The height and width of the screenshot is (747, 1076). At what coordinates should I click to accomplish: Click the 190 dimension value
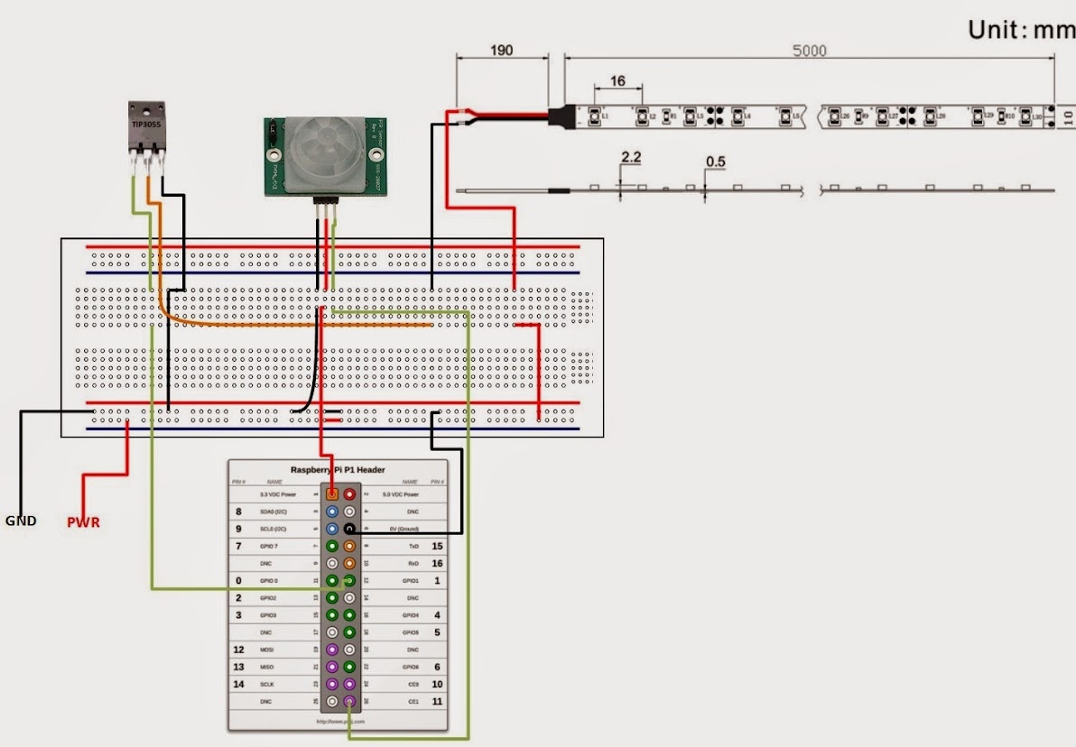[501, 51]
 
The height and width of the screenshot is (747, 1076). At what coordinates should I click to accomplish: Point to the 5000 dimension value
[809, 51]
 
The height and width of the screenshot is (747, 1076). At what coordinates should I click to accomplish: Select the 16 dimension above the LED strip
[617, 81]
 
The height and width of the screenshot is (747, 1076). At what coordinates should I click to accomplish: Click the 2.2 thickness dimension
[631, 157]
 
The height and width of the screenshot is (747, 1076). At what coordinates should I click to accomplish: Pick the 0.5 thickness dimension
[716, 161]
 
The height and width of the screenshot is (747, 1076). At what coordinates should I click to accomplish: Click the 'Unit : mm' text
[1021, 30]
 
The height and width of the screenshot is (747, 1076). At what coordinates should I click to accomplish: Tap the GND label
[21, 521]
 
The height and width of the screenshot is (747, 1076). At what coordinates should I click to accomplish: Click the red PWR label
[83, 522]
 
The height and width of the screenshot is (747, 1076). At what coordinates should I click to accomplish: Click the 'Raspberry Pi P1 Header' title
[337, 470]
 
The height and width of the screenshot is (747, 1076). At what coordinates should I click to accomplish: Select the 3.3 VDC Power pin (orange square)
[332, 494]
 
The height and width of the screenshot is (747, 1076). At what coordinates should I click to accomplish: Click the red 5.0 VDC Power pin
[348, 494]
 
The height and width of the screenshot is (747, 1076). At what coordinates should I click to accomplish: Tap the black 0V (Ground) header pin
[348, 529]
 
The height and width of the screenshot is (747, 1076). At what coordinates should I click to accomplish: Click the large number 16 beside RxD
[437, 563]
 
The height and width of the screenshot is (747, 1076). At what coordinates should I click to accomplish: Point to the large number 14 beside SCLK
[238, 684]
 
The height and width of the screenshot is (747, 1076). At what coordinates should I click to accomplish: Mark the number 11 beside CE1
[437, 701]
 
